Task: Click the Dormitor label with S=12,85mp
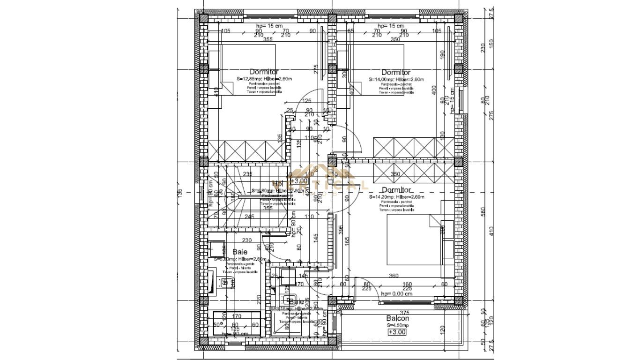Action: (x=264, y=72)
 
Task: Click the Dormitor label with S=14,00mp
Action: (x=396, y=72)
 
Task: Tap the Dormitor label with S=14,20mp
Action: (x=396, y=190)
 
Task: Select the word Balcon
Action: (x=398, y=318)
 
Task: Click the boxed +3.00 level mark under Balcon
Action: (x=397, y=332)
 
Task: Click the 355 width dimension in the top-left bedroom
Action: (x=268, y=40)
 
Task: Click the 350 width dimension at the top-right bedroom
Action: (x=395, y=40)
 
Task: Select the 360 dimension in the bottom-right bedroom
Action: (x=394, y=276)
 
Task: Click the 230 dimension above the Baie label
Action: (x=247, y=240)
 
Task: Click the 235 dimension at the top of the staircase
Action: (x=248, y=174)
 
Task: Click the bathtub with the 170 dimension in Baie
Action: (x=236, y=323)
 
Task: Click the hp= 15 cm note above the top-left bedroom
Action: (x=268, y=26)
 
